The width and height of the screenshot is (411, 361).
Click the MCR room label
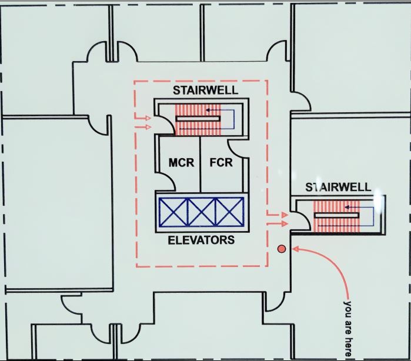(181, 163)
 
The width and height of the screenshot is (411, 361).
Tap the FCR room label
(221, 163)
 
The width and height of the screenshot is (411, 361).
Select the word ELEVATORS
(201, 240)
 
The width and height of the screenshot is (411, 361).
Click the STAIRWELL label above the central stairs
(206, 90)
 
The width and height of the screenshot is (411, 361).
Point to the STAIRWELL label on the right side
(338, 188)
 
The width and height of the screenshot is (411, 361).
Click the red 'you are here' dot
(282, 249)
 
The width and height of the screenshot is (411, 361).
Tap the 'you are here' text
(347, 329)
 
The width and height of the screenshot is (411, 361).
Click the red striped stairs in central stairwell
(198, 120)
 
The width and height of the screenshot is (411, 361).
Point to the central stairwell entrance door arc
(163, 122)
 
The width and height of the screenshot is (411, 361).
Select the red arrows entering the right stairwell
(277, 219)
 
